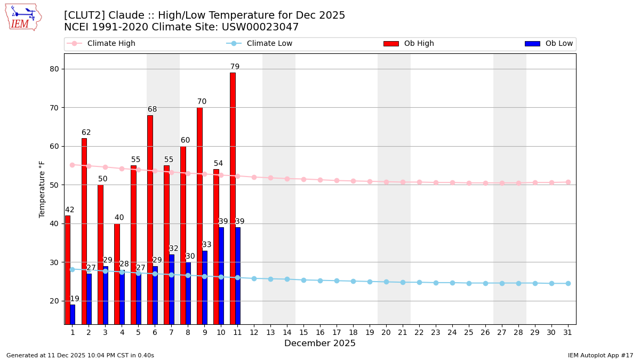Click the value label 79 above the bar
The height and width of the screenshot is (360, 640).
point(235,67)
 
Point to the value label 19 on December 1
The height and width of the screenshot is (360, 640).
point(75,299)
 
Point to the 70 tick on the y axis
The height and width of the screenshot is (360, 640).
point(54,108)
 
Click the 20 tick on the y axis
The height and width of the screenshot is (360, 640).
point(54,301)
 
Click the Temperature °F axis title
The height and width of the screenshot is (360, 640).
point(42,189)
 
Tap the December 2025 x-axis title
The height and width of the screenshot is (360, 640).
point(320,343)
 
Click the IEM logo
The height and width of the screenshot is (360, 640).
point(23,17)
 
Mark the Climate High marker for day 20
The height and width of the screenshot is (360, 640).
point(386,182)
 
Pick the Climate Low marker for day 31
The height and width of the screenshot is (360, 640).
point(568,283)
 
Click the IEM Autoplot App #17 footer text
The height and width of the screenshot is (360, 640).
point(601,355)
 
